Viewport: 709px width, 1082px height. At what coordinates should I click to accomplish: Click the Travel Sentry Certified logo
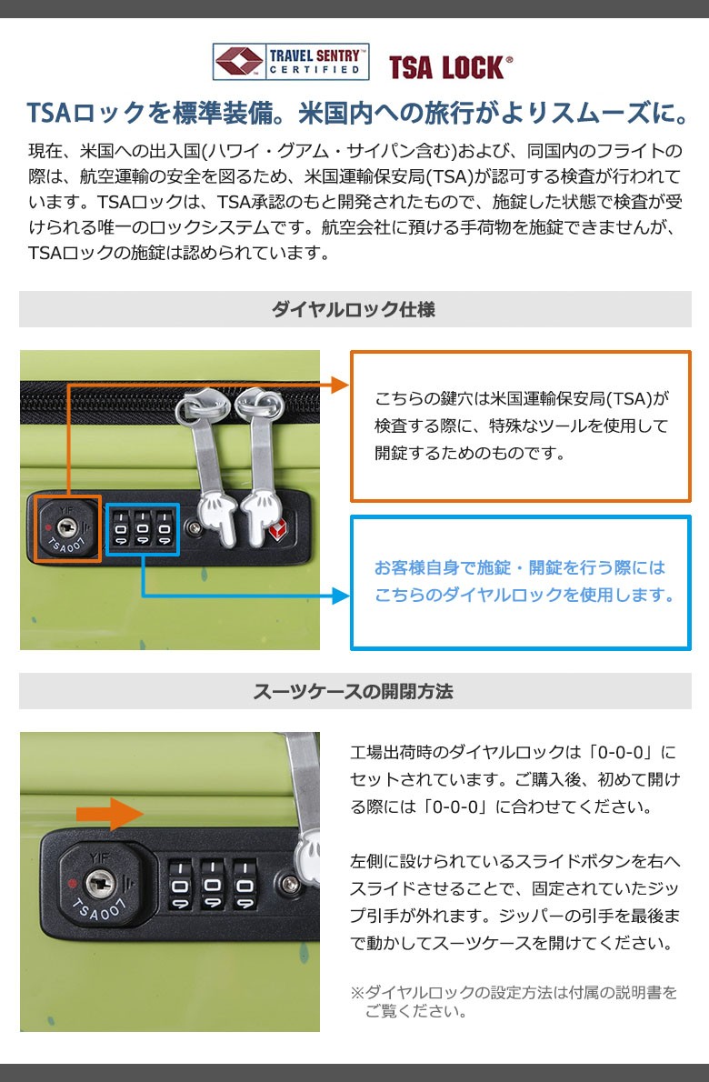click(x=290, y=62)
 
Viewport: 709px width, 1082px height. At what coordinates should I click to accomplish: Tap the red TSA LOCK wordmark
click(x=450, y=67)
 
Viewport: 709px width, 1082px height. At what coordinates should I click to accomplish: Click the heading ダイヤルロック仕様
click(x=354, y=309)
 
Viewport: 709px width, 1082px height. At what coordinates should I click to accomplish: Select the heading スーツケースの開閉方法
click(x=353, y=691)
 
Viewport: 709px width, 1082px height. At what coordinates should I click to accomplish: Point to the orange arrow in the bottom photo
click(x=109, y=814)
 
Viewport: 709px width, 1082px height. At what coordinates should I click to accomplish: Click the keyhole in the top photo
click(x=67, y=528)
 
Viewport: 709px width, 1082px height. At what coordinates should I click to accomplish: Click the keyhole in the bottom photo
click(x=100, y=883)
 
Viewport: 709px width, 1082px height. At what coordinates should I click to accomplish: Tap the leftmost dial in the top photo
click(x=121, y=530)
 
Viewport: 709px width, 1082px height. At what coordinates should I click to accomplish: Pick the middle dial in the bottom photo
click(x=213, y=885)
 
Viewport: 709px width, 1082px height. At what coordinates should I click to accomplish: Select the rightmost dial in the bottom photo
click(x=245, y=885)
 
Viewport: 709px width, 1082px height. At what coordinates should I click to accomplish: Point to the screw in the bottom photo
click(x=290, y=884)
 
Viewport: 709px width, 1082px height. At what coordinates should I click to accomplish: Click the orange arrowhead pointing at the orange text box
click(x=340, y=385)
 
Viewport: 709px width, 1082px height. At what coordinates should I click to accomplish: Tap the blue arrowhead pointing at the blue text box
click(x=341, y=596)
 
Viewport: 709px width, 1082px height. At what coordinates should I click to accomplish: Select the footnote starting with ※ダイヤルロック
click(x=514, y=1001)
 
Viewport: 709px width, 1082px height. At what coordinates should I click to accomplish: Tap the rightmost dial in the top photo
click(x=165, y=530)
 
